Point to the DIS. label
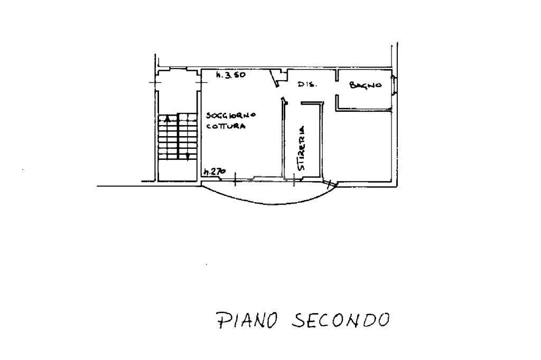point(307,84)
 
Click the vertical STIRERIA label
point(302,148)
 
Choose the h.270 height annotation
point(214,171)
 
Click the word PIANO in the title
point(246,320)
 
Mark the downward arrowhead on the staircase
point(188,156)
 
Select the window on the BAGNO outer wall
point(394,86)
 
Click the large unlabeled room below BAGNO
point(365,145)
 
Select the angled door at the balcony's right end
point(331,184)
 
